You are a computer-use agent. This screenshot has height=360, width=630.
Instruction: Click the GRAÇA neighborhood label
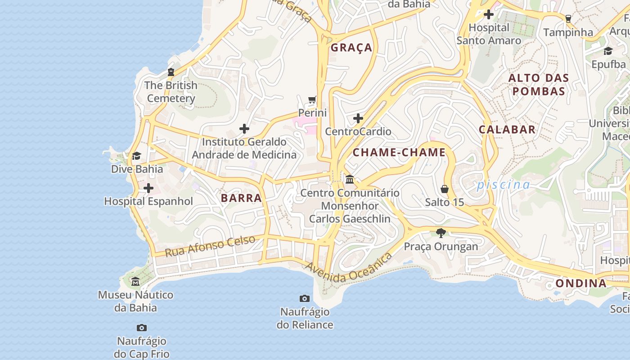351,48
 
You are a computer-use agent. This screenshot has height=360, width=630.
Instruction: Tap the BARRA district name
241,198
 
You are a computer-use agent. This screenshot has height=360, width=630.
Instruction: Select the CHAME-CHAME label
399,153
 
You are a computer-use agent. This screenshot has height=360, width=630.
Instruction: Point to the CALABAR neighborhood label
507,130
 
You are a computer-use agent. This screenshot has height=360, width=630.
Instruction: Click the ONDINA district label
581,283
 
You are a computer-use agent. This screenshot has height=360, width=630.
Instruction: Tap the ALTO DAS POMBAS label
539,85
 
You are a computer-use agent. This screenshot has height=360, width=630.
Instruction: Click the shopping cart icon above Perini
312,99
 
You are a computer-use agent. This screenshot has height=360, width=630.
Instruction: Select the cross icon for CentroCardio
358,118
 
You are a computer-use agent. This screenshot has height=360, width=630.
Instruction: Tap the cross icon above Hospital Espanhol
148,188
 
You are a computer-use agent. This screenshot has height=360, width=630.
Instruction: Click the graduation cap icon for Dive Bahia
136,156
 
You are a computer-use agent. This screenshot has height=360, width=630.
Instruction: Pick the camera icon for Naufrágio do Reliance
305,298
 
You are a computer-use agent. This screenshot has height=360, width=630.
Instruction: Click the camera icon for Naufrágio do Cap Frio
142,328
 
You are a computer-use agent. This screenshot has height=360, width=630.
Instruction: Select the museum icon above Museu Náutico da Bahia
135,282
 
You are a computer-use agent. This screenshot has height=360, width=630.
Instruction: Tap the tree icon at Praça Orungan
441,233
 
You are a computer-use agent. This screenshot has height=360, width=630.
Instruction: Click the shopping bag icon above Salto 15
445,189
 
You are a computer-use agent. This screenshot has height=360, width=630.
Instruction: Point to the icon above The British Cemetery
171,72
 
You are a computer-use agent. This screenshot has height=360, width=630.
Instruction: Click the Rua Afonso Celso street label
210,246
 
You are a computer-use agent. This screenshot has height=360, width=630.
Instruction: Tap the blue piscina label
504,184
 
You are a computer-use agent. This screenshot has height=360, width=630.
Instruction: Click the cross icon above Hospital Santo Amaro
489,14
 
